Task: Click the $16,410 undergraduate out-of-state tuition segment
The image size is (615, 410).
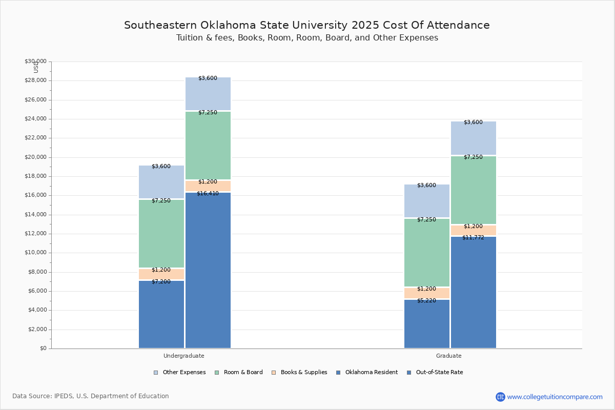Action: [x=208, y=270]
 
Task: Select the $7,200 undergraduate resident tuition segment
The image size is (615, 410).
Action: [x=161, y=314]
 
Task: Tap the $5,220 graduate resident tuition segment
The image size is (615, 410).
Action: [x=427, y=324]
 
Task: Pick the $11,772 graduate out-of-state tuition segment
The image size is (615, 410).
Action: [x=474, y=292]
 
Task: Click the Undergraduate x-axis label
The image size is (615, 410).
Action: [x=184, y=356]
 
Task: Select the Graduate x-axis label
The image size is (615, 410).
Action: [x=449, y=356]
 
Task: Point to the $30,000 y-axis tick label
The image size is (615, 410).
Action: [x=35, y=61]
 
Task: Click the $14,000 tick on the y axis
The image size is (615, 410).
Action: [x=35, y=215]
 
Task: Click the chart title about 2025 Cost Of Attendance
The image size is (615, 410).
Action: [x=307, y=25]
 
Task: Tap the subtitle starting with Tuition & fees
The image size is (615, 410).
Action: [x=307, y=38]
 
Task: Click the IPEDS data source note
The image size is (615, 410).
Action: [x=91, y=396]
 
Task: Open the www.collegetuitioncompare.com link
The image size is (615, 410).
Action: [x=555, y=397]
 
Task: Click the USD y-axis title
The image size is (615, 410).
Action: [x=36, y=67]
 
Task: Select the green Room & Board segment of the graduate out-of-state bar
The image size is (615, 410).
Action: [x=474, y=190]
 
